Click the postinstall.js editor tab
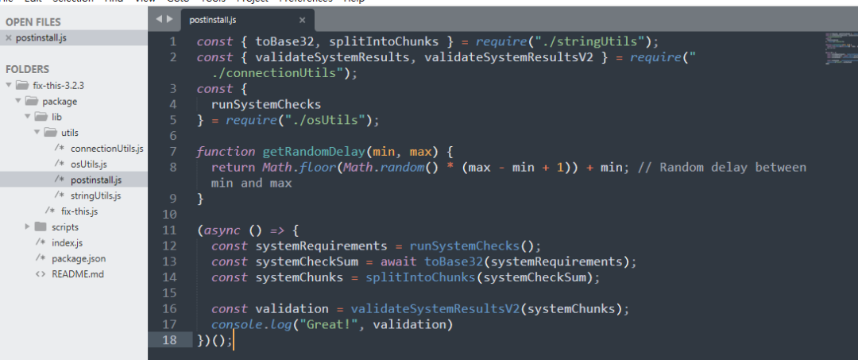(x=211, y=18)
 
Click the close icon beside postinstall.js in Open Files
(x=8, y=37)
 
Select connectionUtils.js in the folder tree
(x=106, y=149)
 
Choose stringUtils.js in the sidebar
(x=95, y=195)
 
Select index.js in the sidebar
(x=67, y=242)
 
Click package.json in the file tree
(x=78, y=258)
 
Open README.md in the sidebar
(x=77, y=274)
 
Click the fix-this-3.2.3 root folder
(x=58, y=85)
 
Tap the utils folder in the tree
(x=70, y=133)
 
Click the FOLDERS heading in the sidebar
(x=27, y=69)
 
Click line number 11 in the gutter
(x=168, y=230)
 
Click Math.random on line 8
(x=307, y=167)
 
